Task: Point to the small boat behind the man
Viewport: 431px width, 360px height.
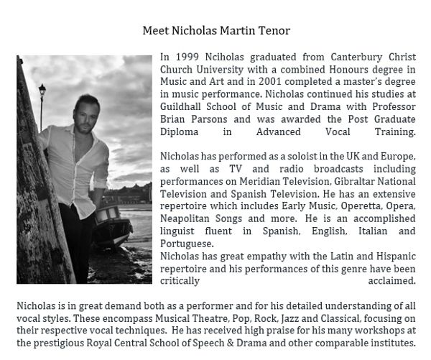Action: (108, 216)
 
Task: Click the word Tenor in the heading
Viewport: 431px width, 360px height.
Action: (274, 30)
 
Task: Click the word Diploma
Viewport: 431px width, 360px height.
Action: (180, 133)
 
